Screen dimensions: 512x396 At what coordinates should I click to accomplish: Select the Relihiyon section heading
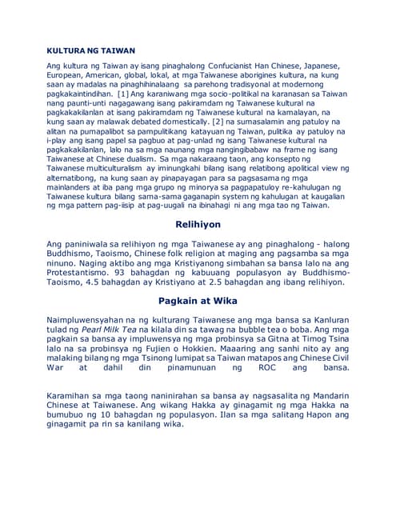point(198,226)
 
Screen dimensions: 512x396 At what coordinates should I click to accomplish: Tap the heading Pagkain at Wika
point(198,301)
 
